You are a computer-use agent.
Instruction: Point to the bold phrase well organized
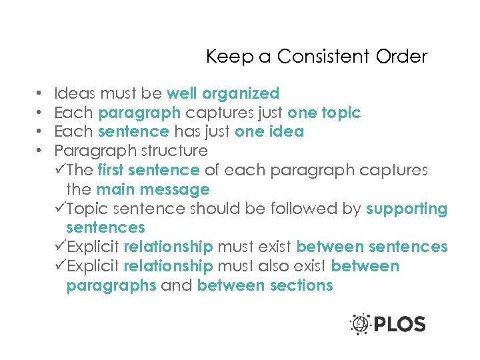223,93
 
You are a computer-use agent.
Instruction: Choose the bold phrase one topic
324,113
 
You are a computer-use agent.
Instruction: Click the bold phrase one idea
269,132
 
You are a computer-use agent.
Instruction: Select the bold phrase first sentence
148,171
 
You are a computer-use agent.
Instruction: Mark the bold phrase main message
153,190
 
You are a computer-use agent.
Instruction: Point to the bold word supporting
407,209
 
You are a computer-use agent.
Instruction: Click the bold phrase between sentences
371,247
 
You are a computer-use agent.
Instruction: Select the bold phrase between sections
265,286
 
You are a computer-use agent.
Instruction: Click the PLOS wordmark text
399,325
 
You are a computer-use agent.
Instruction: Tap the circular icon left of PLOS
360,324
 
